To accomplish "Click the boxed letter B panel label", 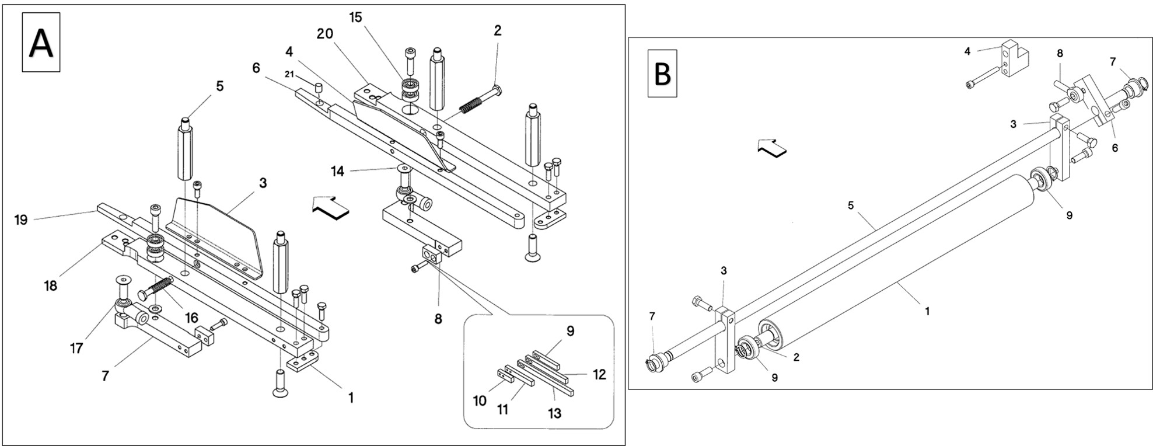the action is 662,74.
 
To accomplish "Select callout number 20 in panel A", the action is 325,34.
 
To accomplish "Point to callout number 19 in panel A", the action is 21,220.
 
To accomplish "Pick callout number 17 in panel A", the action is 76,349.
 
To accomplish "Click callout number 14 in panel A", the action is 337,172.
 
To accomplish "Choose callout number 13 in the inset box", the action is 554,413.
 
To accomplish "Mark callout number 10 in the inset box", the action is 480,401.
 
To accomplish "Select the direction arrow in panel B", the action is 772,148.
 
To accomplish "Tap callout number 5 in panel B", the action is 851,205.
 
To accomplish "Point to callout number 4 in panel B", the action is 967,51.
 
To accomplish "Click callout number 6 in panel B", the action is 1115,148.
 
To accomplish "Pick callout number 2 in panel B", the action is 796,357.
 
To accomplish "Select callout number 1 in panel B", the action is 927,312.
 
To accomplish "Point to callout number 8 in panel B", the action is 1060,54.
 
